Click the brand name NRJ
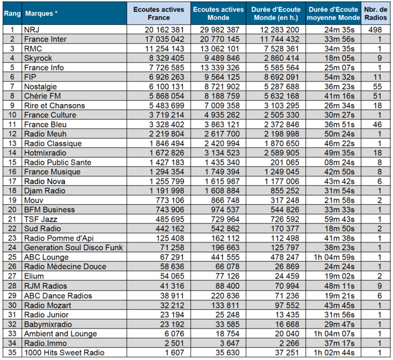32,29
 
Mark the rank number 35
11,352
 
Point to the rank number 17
11,181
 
